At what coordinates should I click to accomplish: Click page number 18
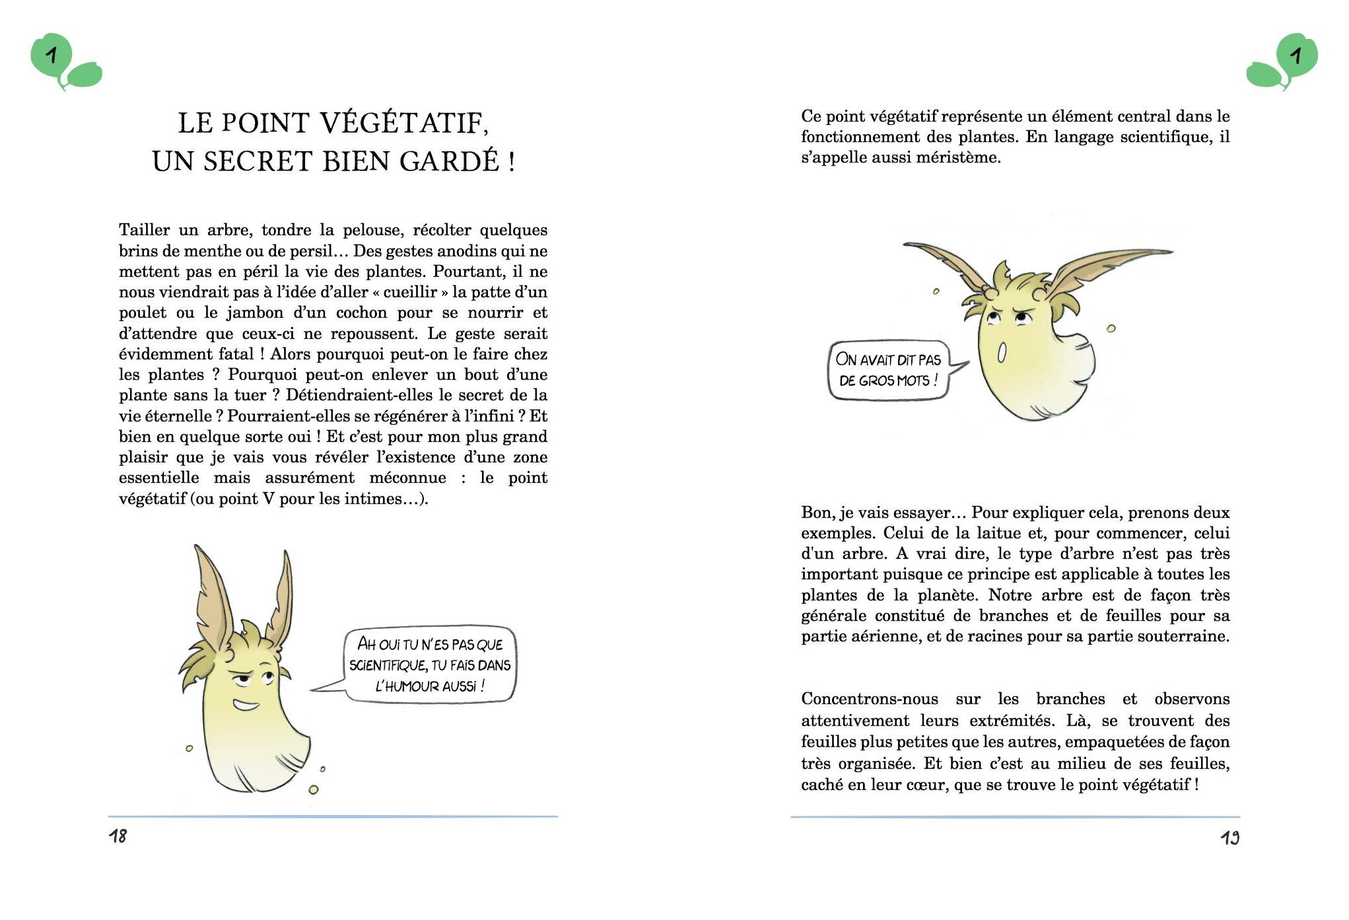point(118,837)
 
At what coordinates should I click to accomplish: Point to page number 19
point(1229,838)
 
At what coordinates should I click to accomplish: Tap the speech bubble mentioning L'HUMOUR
point(430,664)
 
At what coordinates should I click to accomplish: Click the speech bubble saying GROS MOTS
point(888,370)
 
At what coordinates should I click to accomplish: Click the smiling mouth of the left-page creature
point(246,705)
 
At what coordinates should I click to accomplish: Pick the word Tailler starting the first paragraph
point(144,230)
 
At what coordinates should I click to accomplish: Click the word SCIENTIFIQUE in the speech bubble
point(388,665)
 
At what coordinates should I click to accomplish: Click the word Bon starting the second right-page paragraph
point(817,513)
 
